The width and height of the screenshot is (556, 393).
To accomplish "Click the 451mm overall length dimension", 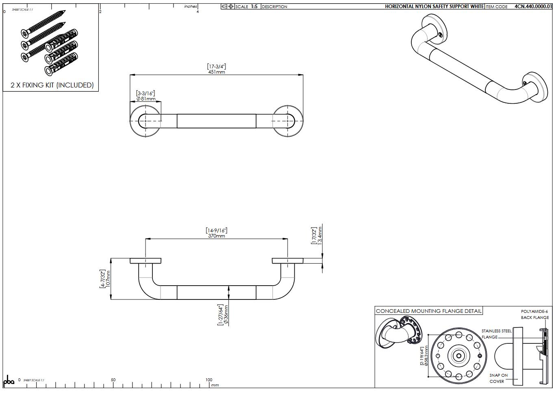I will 216,72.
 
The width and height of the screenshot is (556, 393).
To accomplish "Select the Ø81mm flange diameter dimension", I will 146,99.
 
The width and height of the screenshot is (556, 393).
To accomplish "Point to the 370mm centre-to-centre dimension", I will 216,236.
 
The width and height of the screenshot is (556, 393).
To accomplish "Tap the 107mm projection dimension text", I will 108,279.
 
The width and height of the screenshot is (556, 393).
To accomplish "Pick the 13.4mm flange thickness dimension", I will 320,235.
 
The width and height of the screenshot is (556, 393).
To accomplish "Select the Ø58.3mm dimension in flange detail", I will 426,356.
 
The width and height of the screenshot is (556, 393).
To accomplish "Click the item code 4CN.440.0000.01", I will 533,7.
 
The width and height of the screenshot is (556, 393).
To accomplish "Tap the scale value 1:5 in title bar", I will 254,7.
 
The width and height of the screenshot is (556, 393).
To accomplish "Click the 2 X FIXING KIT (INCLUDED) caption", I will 52,85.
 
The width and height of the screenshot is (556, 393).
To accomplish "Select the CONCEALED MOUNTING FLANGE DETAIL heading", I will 428,311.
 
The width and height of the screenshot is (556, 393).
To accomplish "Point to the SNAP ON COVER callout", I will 498,378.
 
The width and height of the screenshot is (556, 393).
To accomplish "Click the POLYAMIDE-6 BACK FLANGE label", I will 534,314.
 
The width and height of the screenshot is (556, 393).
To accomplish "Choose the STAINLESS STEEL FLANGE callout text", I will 496,334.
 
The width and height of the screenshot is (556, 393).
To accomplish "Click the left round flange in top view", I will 146,121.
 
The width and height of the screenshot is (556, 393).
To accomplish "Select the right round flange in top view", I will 288,121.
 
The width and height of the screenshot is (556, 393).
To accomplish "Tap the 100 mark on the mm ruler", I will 208,380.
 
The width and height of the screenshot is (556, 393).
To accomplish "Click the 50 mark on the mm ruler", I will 113,380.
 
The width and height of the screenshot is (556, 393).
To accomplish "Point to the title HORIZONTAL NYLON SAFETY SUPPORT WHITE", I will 434,7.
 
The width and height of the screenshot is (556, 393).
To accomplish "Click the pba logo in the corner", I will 9,381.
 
